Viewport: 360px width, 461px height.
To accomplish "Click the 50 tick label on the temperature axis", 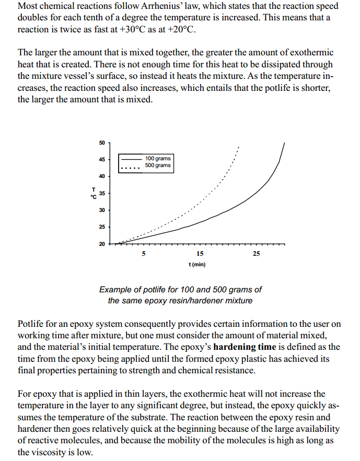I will click(x=101, y=142).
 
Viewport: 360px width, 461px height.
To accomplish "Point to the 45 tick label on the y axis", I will click(x=101, y=159).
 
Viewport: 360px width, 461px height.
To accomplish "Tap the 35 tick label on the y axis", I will click(x=101, y=193).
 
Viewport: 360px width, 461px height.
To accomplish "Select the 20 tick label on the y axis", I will click(x=101, y=244).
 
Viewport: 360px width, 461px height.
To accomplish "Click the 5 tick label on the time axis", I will click(x=144, y=254).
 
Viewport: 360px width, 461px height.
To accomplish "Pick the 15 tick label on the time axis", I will click(x=200, y=254).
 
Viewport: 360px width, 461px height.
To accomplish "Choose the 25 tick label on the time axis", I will click(x=256, y=254).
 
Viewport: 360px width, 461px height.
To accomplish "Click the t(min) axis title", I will click(x=196, y=265).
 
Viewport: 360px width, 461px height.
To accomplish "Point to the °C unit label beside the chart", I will click(x=94, y=197).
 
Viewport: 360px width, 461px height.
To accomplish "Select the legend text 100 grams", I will click(x=158, y=159).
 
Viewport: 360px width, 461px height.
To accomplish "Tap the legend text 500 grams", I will click(x=158, y=166).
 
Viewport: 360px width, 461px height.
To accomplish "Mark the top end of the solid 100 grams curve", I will click(x=285, y=143).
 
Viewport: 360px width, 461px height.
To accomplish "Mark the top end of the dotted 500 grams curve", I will click(x=239, y=147).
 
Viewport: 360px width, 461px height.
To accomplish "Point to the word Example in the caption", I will click(x=116, y=289).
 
